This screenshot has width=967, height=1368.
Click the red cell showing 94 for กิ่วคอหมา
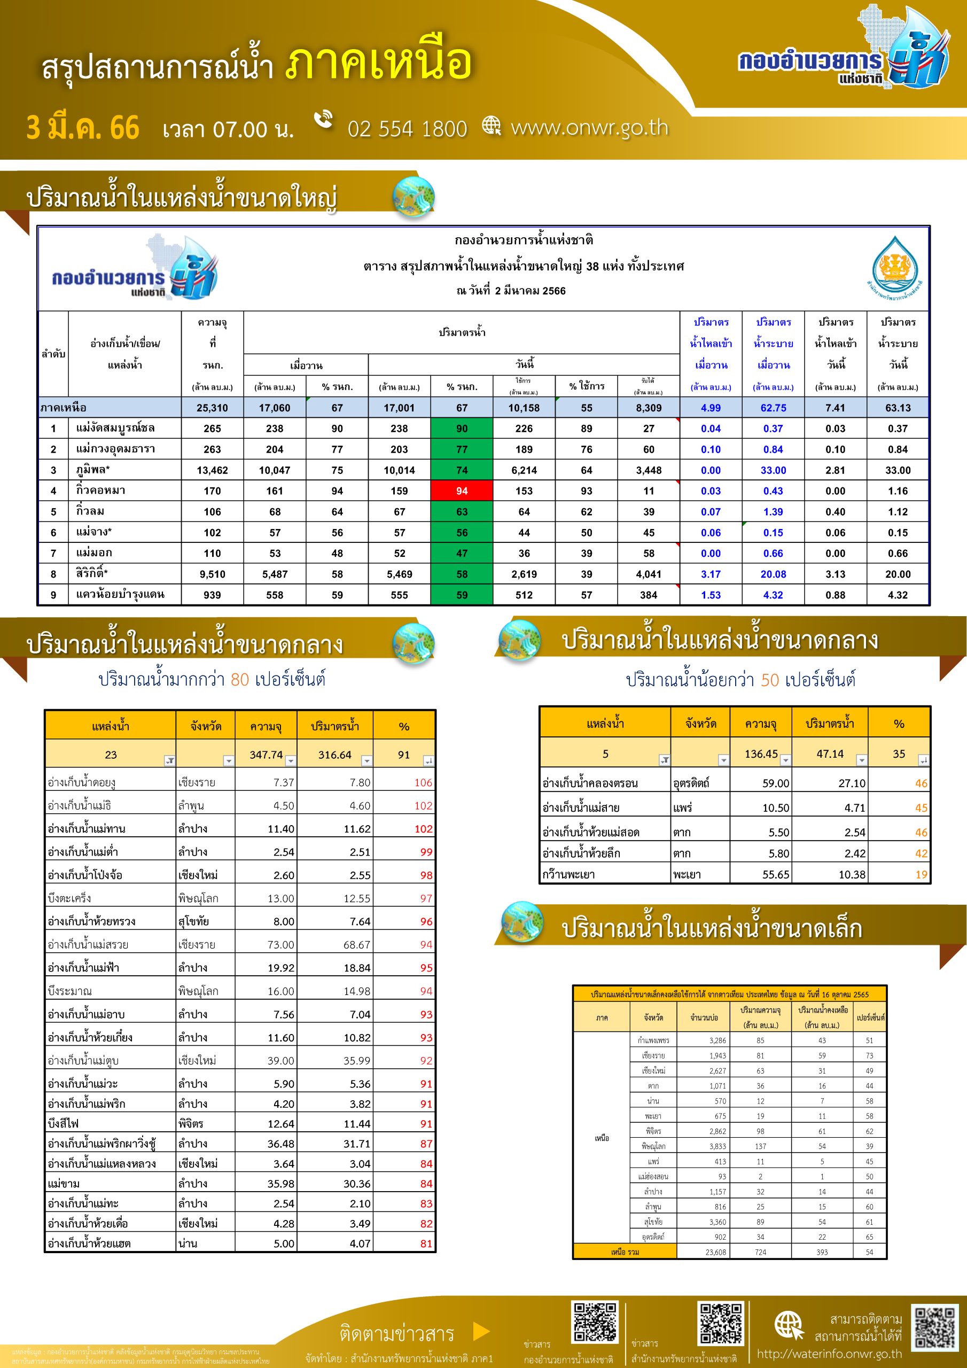point(462,491)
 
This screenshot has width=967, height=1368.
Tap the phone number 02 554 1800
point(407,129)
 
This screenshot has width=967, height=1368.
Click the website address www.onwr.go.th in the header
point(589,128)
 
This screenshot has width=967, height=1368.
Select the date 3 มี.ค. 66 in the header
point(83,128)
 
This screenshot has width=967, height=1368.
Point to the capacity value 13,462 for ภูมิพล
point(212,470)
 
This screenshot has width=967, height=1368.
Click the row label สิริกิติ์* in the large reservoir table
point(92,574)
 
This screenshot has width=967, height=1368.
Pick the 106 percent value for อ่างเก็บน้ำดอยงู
point(423,782)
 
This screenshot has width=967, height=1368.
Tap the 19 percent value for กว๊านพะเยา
point(921,875)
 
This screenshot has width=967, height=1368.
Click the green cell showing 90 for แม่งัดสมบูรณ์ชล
point(462,429)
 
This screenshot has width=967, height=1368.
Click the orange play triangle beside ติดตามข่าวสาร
point(480,1331)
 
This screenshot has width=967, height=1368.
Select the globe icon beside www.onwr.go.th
point(492,125)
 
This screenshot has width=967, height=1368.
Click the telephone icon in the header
point(324,119)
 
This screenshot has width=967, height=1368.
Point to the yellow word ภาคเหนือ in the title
point(379,63)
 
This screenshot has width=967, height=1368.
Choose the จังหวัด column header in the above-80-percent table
point(206,726)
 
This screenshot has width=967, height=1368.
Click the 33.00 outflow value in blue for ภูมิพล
point(773,470)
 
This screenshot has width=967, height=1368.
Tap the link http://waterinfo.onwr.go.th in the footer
point(829,1354)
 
